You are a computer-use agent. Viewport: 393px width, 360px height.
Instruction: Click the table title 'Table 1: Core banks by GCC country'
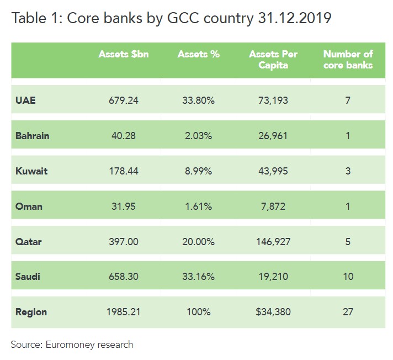(x=171, y=18)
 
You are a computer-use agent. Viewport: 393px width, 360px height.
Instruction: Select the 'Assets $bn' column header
(x=124, y=54)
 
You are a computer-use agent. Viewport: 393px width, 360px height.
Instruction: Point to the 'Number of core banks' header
(x=348, y=60)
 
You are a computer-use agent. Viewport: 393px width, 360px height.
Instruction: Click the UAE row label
(x=25, y=100)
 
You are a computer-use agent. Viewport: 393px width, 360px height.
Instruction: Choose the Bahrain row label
(x=33, y=136)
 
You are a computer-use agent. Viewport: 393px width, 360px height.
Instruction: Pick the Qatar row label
(x=29, y=241)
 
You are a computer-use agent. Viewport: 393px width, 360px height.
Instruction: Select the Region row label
(x=31, y=312)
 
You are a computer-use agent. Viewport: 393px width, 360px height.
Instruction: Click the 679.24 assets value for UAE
(x=124, y=100)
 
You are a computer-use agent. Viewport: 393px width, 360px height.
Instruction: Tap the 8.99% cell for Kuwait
(x=198, y=171)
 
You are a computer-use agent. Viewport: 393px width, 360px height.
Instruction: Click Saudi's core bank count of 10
(x=348, y=277)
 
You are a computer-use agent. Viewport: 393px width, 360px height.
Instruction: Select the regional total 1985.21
(x=124, y=312)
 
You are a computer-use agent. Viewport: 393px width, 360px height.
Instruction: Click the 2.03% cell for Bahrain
(x=198, y=136)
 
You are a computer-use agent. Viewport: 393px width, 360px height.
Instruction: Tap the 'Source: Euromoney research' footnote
(x=72, y=345)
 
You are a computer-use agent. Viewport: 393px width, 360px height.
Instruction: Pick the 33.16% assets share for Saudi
(x=198, y=277)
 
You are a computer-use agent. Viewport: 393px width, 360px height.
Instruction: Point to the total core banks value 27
(x=348, y=312)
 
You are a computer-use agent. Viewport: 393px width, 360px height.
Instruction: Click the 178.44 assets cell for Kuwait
(x=124, y=171)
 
